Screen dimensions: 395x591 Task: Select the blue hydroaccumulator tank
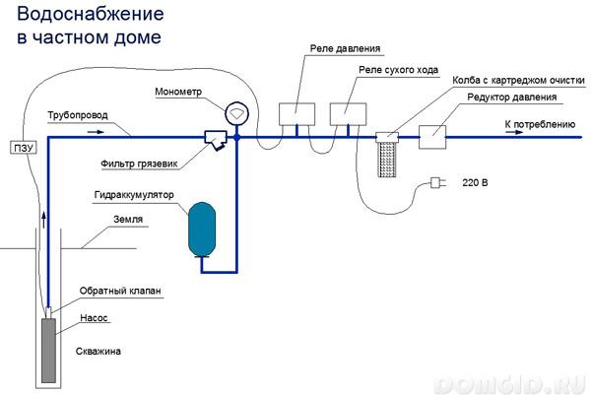203,229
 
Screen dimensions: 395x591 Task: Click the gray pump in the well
47,350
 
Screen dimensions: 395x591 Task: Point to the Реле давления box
295,115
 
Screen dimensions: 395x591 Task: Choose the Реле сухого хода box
347,115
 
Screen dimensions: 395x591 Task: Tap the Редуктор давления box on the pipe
434,137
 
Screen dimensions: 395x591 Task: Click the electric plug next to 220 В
436,182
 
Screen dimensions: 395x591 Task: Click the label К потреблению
539,124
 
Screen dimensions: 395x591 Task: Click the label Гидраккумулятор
134,195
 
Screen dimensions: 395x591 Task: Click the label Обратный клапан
119,292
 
